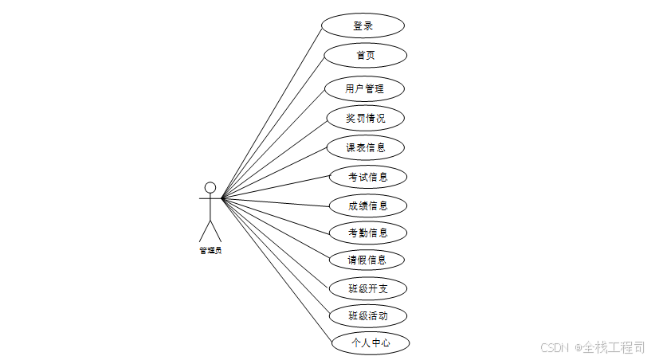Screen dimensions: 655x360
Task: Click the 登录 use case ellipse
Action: (363, 25)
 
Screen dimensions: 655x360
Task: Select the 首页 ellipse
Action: (366, 55)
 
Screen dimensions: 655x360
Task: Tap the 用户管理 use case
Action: (365, 88)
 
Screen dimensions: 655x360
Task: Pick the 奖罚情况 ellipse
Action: (366, 118)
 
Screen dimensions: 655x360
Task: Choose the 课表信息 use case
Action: (366, 147)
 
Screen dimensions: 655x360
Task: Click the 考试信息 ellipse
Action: (368, 177)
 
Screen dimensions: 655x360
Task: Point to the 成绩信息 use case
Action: (368, 205)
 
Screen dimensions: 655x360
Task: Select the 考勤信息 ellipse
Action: (368, 233)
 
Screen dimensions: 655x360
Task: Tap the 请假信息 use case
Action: (367, 260)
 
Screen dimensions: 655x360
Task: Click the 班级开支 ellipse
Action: (368, 288)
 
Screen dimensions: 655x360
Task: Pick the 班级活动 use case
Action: (368, 315)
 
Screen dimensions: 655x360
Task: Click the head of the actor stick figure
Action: (210, 188)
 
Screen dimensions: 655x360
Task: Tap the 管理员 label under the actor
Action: (210, 250)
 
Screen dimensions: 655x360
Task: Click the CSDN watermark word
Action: (552, 348)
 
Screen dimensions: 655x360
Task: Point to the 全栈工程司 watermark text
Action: (611, 347)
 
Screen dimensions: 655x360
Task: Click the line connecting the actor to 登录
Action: (271, 112)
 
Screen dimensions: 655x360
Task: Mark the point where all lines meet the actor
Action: (222, 198)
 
